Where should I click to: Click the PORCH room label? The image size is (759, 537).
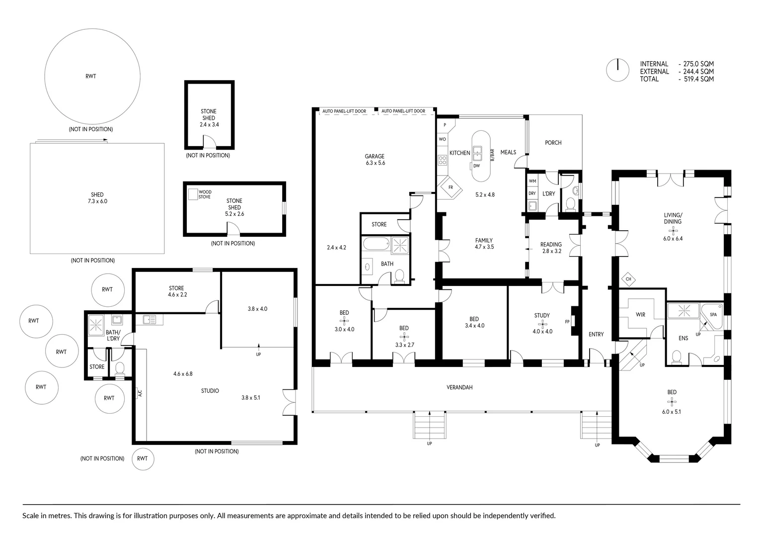coord(553,143)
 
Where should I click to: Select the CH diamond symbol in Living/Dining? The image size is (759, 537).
coord(628,279)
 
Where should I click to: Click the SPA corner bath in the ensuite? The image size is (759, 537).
coord(711,316)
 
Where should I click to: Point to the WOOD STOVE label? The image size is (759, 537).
coord(205,194)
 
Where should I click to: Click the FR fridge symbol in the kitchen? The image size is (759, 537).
coord(451,187)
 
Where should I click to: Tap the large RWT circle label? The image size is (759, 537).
coord(91,77)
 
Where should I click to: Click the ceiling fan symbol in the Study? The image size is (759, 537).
coord(542,325)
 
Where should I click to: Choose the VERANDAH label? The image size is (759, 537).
coord(459,387)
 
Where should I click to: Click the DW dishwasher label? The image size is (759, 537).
coord(476,166)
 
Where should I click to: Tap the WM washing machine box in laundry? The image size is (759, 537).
coord(532,181)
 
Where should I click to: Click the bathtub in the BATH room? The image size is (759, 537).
coord(377,244)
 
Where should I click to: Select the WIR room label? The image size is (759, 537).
coord(640,314)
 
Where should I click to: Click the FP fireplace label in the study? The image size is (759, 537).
coord(567,322)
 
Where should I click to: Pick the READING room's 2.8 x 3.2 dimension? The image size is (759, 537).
coord(552,251)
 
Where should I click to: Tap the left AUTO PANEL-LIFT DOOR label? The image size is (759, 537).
coord(344,111)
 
